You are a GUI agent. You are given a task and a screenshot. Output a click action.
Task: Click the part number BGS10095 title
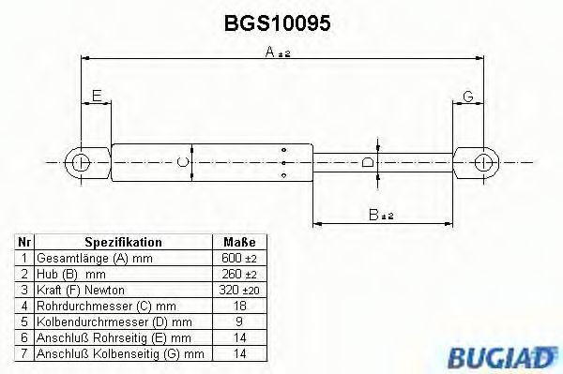click(280, 22)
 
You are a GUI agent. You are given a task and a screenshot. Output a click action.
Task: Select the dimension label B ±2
click(381, 214)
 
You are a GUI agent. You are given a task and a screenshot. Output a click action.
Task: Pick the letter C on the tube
click(183, 163)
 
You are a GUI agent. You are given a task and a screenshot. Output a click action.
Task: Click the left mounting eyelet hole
click(82, 161)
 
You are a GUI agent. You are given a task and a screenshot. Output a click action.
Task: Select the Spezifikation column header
click(123, 242)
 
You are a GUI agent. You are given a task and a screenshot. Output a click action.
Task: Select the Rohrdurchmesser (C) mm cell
click(105, 306)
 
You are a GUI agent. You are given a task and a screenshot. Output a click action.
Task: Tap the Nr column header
click(24, 242)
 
